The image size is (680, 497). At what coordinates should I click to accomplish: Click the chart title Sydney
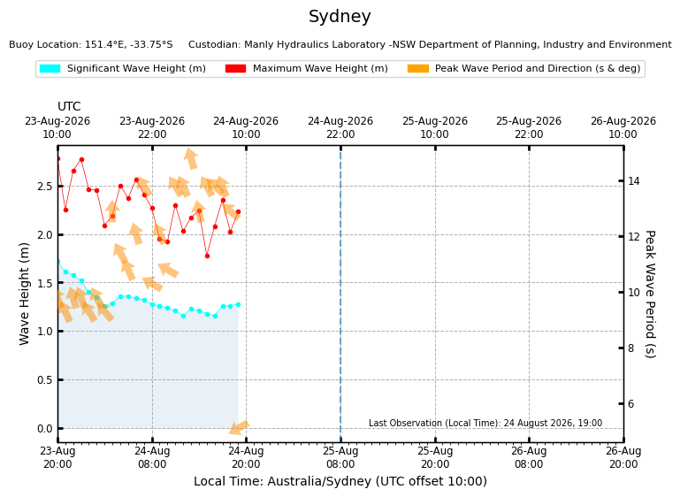(340, 17)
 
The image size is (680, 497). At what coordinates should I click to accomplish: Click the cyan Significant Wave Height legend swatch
(50, 68)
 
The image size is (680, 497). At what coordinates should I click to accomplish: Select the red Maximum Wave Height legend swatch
(235, 68)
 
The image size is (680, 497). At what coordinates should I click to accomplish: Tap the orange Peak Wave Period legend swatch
(418, 68)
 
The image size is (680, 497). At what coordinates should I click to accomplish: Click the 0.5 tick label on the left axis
(45, 380)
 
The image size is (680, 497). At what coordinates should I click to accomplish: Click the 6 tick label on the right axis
(631, 404)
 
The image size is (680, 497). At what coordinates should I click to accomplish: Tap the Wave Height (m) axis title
(24, 294)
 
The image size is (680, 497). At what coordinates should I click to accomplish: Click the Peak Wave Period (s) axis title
(650, 294)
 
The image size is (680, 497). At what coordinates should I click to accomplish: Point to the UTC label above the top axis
(69, 107)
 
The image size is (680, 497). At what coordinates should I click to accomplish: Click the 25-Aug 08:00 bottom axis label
(340, 457)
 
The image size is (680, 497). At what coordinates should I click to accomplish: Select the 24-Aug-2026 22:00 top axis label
(340, 127)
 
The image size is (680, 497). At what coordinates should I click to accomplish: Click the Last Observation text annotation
(485, 423)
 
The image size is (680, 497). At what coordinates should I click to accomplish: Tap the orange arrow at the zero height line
(239, 427)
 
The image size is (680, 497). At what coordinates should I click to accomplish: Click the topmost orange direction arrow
(190, 158)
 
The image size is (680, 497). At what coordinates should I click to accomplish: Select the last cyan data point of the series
(238, 305)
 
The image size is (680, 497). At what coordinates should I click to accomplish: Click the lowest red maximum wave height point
(207, 256)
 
